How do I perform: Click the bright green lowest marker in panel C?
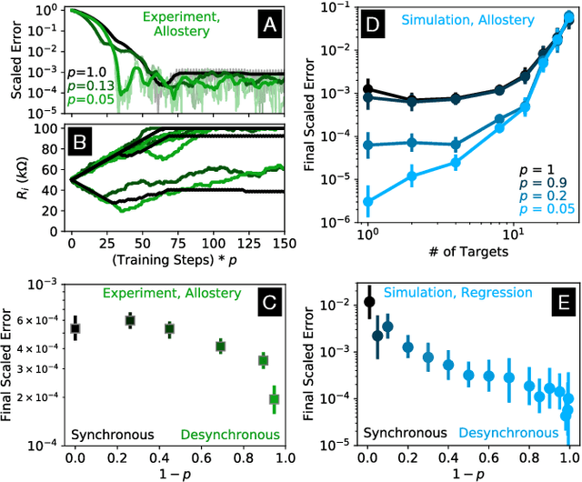[x=274, y=398]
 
